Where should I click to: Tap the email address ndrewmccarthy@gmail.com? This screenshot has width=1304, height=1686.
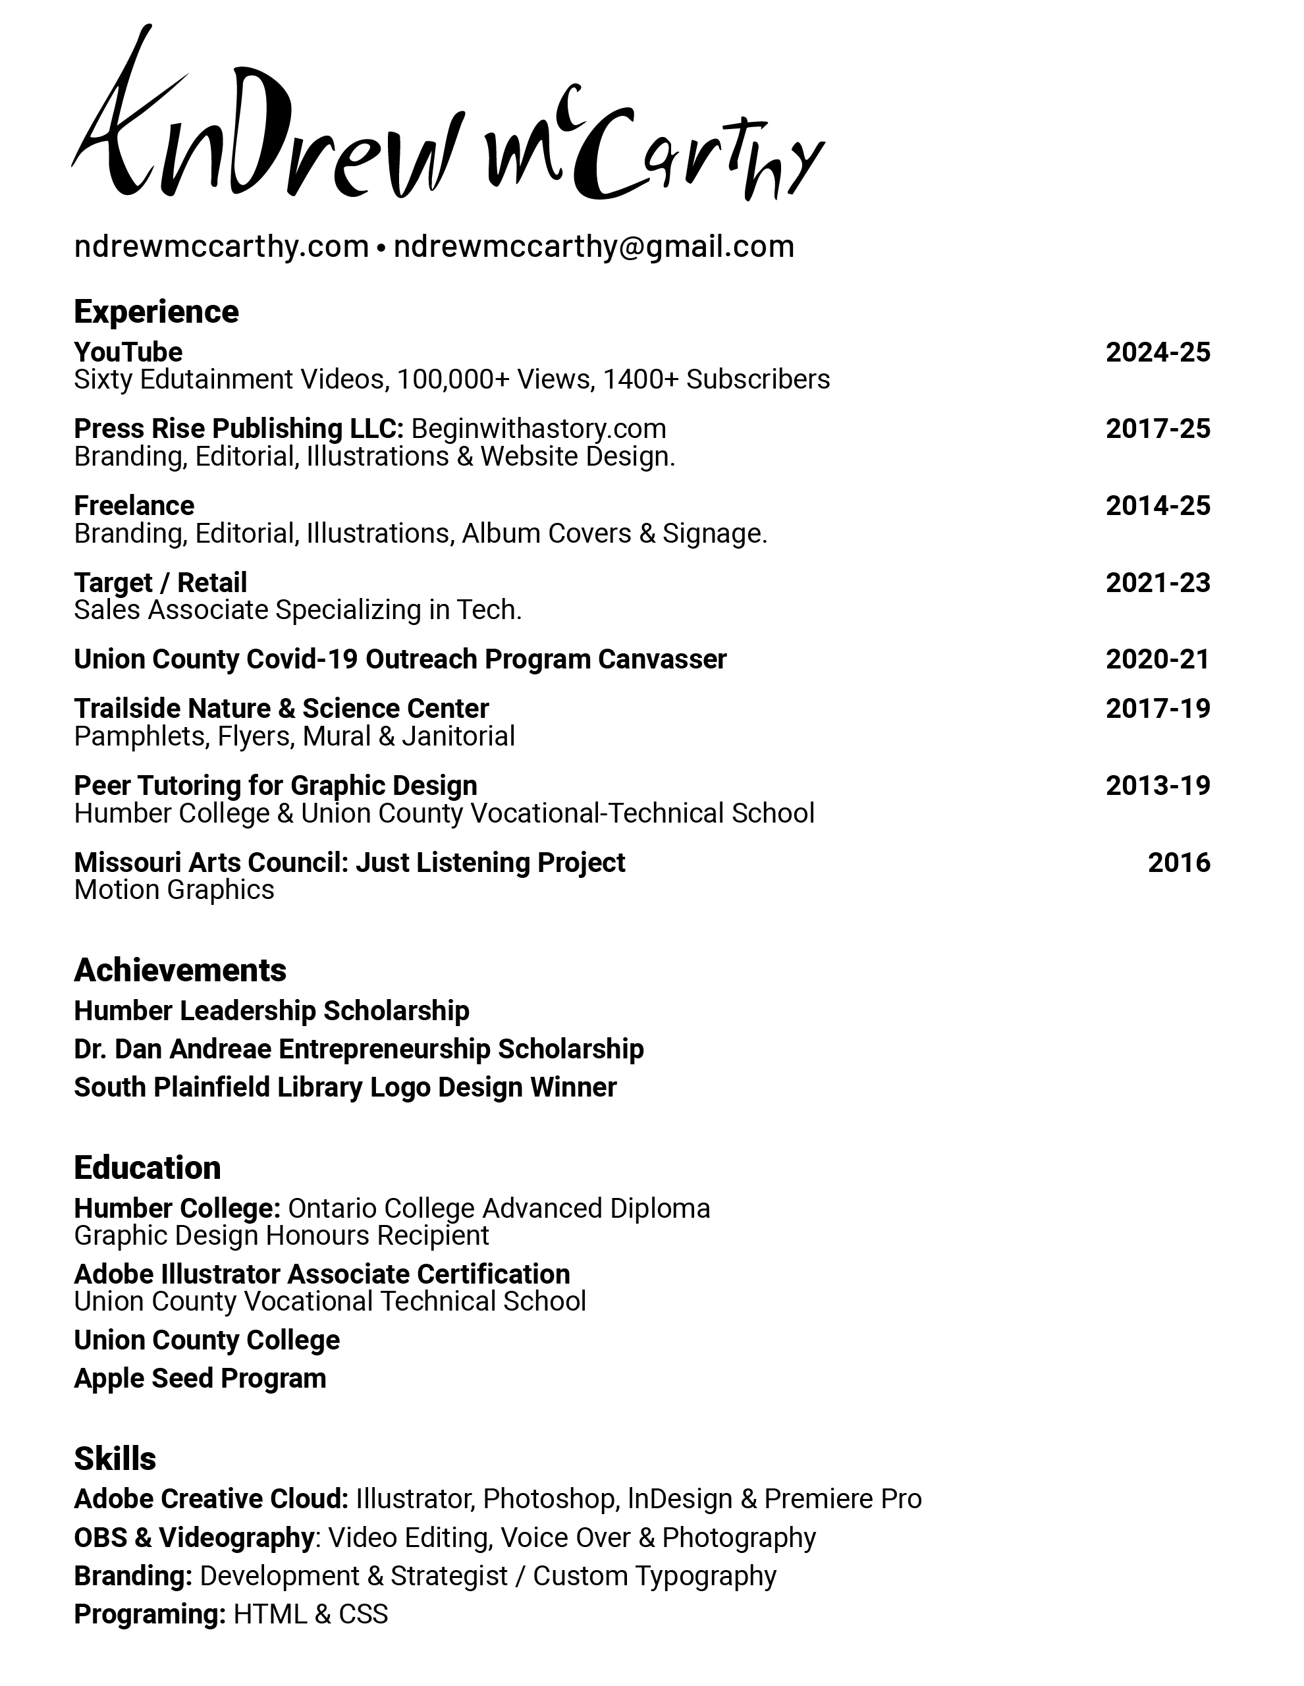point(593,247)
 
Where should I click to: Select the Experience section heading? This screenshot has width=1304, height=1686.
point(156,312)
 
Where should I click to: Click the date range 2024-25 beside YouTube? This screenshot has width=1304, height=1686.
point(1157,353)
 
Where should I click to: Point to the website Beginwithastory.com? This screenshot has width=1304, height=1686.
point(538,429)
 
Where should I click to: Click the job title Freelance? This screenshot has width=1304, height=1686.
point(134,506)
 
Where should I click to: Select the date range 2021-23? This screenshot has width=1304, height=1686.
point(1157,583)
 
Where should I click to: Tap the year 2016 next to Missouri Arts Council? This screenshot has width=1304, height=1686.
point(1178,862)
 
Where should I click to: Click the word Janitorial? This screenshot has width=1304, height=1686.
point(458,736)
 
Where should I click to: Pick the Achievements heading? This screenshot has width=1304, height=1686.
point(180,970)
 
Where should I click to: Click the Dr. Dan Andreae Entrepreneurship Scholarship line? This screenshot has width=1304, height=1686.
point(358,1049)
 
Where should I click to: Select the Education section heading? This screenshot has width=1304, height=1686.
point(148,1168)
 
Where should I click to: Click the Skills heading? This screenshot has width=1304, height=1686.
point(115,1459)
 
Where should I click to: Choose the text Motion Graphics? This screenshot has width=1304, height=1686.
point(174,890)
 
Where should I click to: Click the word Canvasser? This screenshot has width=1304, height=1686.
point(662,659)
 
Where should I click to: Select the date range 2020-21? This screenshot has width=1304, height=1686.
point(1157,659)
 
